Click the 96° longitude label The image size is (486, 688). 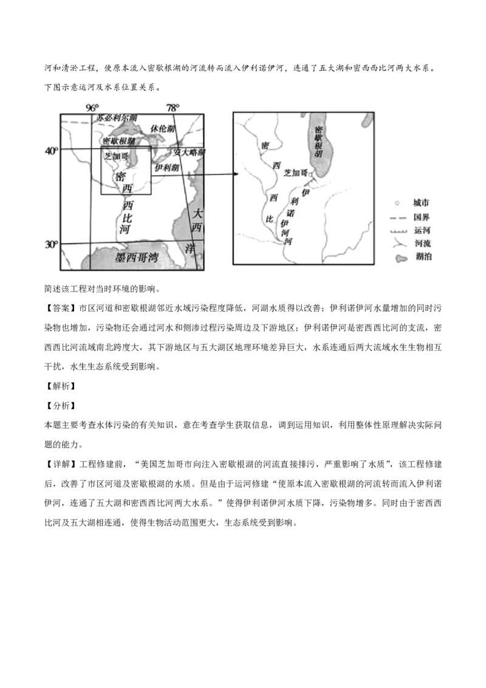92,108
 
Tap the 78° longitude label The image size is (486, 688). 173,108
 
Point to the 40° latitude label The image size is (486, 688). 51,151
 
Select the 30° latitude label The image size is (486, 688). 51,244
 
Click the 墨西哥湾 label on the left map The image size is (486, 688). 137,257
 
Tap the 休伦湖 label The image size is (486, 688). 163,128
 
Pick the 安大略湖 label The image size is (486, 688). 188,153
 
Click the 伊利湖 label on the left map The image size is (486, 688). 166,167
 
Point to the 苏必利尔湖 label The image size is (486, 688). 117,117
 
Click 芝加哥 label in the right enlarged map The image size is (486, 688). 295,173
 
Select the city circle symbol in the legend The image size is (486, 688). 397,203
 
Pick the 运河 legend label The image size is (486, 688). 422,230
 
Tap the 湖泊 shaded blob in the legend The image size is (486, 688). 401,258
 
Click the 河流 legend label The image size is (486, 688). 423,243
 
